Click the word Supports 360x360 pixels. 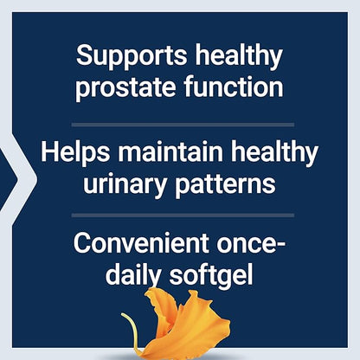[126, 57]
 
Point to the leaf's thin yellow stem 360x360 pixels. [134, 333]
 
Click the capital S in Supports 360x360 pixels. [84, 57]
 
